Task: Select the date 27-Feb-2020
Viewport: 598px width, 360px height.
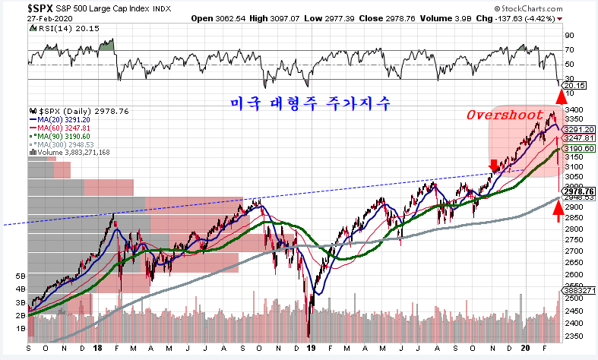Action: [x=26, y=18]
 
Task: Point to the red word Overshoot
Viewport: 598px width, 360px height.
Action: [x=507, y=115]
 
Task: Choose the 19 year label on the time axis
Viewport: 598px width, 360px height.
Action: [x=312, y=349]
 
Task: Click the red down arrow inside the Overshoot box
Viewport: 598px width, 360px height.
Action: [x=495, y=165]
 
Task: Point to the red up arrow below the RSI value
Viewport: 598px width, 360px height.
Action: [x=562, y=96]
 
